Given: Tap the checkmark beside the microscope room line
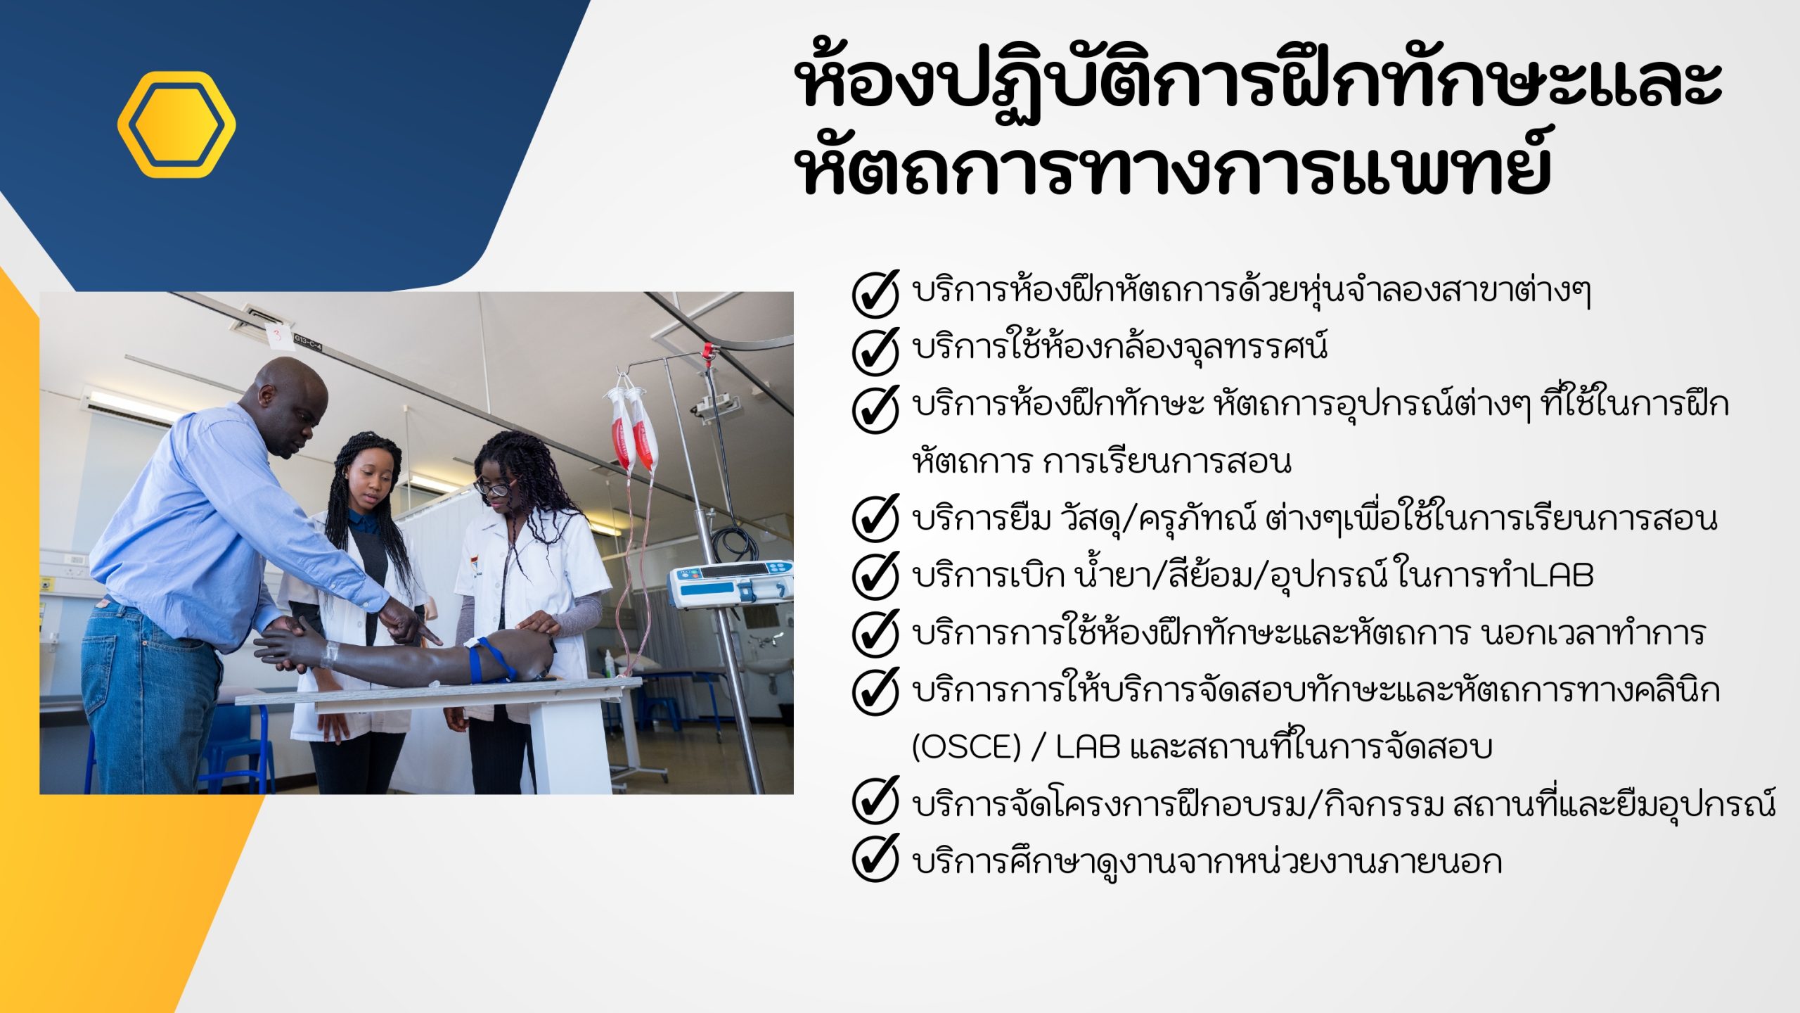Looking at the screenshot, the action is tap(875, 350).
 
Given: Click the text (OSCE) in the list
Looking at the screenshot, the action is tap(965, 747).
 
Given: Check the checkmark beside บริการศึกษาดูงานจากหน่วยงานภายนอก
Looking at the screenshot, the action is tap(875, 858).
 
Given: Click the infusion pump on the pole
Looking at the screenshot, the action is tap(730, 582).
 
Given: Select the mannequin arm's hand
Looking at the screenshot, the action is tap(288, 644).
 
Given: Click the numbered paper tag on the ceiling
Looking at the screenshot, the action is tap(279, 336).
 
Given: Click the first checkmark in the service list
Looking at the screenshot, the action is tap(875, 293).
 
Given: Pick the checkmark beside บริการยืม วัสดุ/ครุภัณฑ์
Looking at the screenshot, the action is tap(875, 518).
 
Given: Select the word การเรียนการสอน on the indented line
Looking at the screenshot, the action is tap(1167, 462).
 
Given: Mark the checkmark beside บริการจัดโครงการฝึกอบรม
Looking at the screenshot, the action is tap(875, 801).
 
